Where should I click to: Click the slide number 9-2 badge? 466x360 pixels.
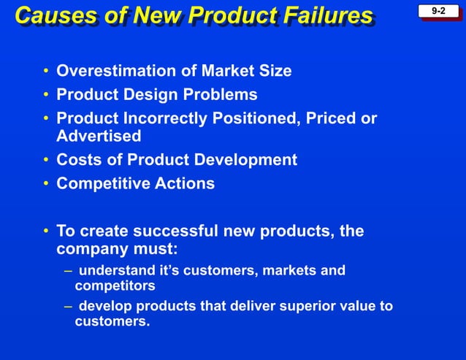pyautogui.click(x=439, y=12)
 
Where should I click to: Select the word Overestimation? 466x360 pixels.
pyautogui.click(x=114, y=71)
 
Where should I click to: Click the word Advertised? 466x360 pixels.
pyautogui.click(x=99, y=137)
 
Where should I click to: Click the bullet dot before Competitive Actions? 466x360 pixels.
pyautogui.click(x=46, y=183)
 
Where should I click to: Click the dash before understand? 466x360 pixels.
pyautogui.click(x=67, y=272)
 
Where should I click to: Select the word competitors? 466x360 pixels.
pyautogui.click(x=115, y=286)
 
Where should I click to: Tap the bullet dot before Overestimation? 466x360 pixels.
pyautogui.click(x=46, y=71)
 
